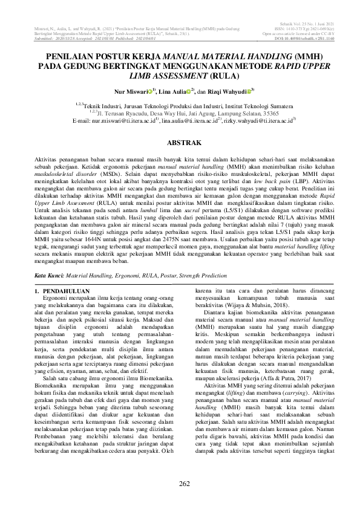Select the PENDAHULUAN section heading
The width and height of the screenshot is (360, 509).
click(62, 291)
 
